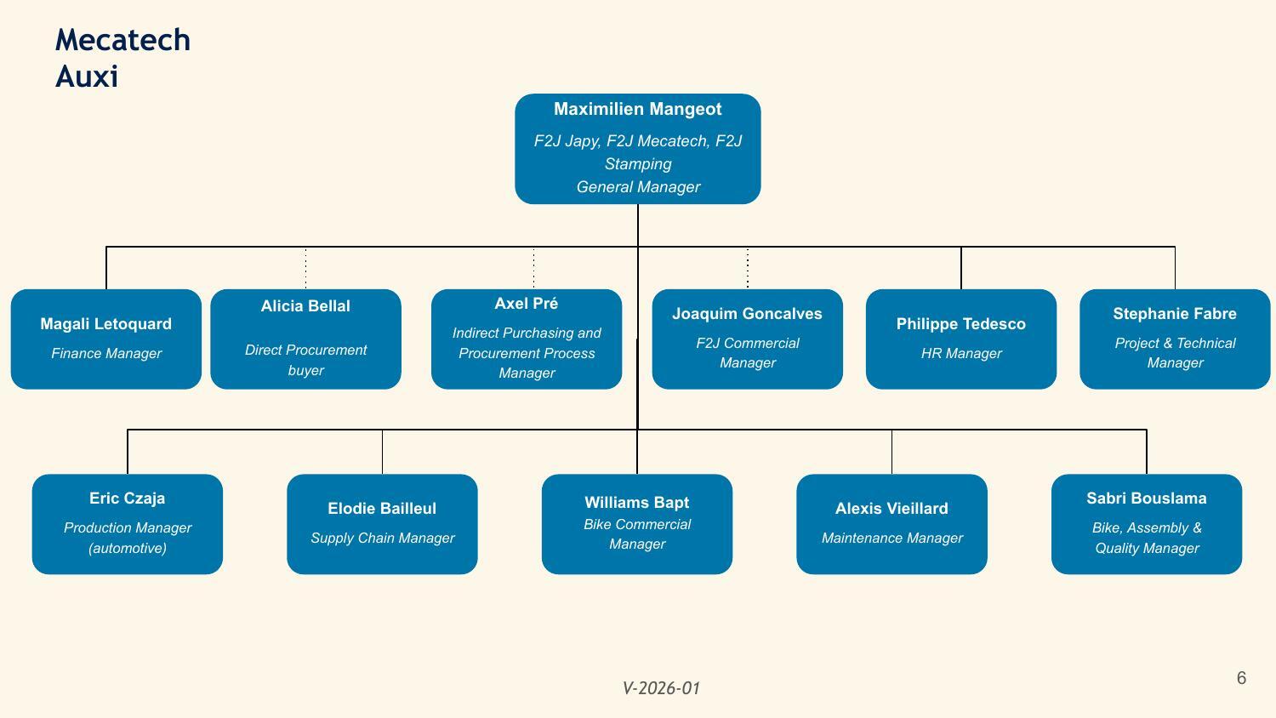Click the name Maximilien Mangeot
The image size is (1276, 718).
tap(637, 109)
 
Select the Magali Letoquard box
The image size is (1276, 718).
tap(106, 339)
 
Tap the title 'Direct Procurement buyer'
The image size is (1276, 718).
tap(306, 360)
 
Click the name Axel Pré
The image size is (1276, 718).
tap(526, 303)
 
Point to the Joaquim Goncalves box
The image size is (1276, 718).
tap(748, 339)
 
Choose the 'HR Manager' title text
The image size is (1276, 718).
tap(961, 353)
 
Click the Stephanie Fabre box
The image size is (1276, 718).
tap(1175, 339)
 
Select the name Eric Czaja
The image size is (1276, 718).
tap(127, 498)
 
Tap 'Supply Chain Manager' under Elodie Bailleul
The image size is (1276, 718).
tap(382, 538)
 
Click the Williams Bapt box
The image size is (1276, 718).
tap(637, 524)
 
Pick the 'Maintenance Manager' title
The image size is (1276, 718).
tap(892, 538)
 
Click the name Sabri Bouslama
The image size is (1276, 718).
tap(1146, 498)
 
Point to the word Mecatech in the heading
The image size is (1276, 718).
tap(122, 40)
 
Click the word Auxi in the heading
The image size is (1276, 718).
tap(87, 77)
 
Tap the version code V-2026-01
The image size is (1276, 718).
tap(661, 688)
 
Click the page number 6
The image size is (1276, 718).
tap(1241, 677)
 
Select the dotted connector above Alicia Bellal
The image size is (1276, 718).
tap(306, 268)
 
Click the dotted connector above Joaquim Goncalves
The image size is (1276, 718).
tap(748, 268)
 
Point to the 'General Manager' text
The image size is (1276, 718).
tap(638, 187)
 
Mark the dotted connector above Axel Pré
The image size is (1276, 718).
tap(533, 268)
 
